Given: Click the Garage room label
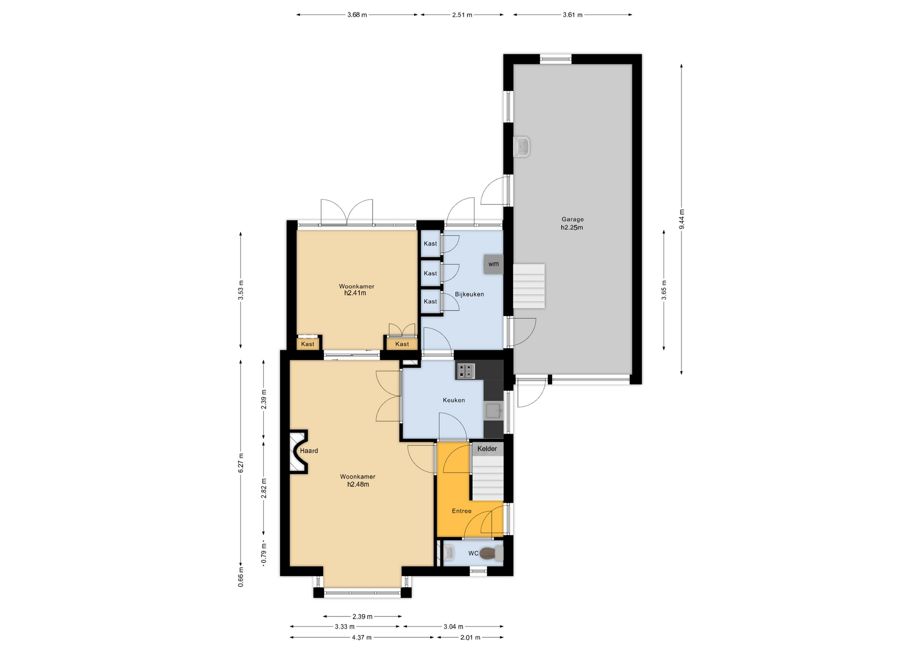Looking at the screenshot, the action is [572, 219].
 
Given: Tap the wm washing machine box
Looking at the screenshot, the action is [494, 264].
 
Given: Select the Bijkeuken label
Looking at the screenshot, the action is [469, 294].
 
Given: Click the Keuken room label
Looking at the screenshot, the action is [454, 400].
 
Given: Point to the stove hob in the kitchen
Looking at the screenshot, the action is [465, 371].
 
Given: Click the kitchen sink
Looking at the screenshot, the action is [494, 411].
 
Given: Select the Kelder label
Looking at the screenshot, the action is [487, 449].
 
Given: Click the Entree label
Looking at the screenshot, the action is [461, 511].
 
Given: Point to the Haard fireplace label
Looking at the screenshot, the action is [309, 451].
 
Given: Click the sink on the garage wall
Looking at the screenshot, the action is [521, 146].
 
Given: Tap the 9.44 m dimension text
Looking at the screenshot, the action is [681, 219].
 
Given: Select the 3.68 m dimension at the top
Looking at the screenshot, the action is [357, 15].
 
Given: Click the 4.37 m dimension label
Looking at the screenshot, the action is [362, 638].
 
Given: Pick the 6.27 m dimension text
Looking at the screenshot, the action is [241, 463].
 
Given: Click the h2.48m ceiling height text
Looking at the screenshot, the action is [358, 484].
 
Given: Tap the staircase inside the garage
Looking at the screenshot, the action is [529, 286].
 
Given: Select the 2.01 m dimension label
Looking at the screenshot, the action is [470, 638].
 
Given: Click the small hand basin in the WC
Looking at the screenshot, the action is [448, 554].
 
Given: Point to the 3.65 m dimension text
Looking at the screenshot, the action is [664, 290].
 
